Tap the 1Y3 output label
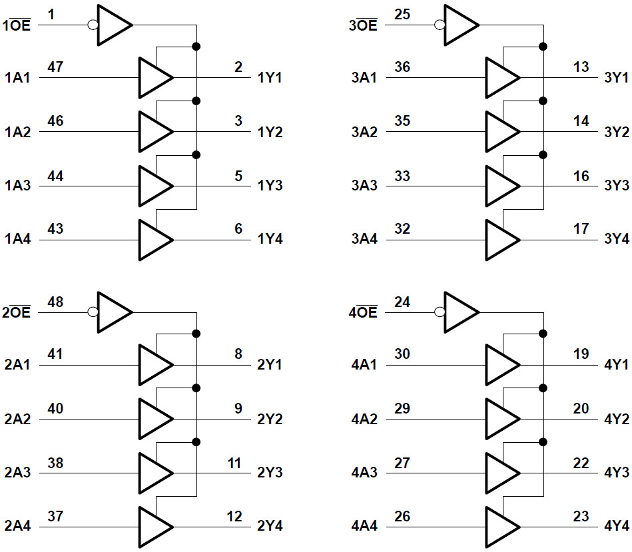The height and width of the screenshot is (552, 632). tap(270, 185)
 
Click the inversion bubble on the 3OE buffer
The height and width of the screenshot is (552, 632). tap(439, 25)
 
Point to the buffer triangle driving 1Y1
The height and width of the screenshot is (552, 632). tap(154, 77)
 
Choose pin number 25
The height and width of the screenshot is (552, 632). tap(402, 14)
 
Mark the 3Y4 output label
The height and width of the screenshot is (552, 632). tap(617, 238)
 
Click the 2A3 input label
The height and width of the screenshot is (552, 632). tap(17, 473)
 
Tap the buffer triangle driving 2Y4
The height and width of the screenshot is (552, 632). tap(154, 526)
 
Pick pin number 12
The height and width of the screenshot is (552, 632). tap(234, 515)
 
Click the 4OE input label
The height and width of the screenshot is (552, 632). tap(363, 312)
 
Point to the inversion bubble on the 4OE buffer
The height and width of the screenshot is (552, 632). tap(439, 312)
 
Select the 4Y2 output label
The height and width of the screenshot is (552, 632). tap(617, 419)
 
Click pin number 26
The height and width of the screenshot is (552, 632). tap(402, 515)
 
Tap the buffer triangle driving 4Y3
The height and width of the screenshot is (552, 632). tap(501, 473)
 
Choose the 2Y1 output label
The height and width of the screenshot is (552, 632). tap(270, 366)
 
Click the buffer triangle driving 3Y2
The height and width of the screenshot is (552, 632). tap(501, 131)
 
